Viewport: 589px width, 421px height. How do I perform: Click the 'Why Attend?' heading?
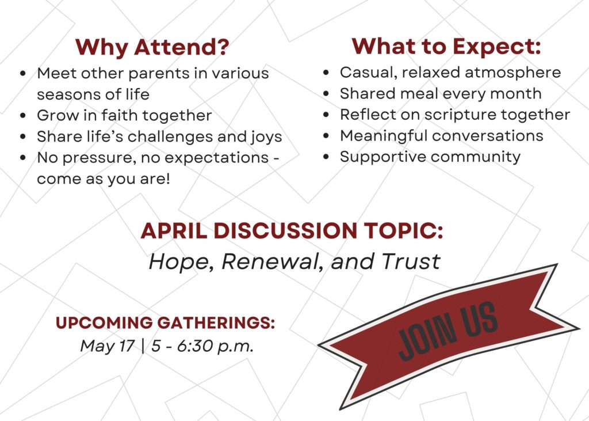[152, 47]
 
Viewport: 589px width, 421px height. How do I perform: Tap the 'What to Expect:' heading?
[446, 47]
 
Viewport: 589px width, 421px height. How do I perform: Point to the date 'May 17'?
[107, 346]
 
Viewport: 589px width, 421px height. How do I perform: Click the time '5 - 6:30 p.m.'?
[202, 346]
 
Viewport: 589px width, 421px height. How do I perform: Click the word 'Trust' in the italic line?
[411, 261]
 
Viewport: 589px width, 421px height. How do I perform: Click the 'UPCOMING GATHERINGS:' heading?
[165, 323]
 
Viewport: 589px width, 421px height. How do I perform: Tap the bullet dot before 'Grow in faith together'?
[24, 116]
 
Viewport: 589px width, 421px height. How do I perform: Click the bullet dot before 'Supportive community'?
[326, 157]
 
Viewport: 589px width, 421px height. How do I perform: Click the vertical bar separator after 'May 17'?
[143, 346]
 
